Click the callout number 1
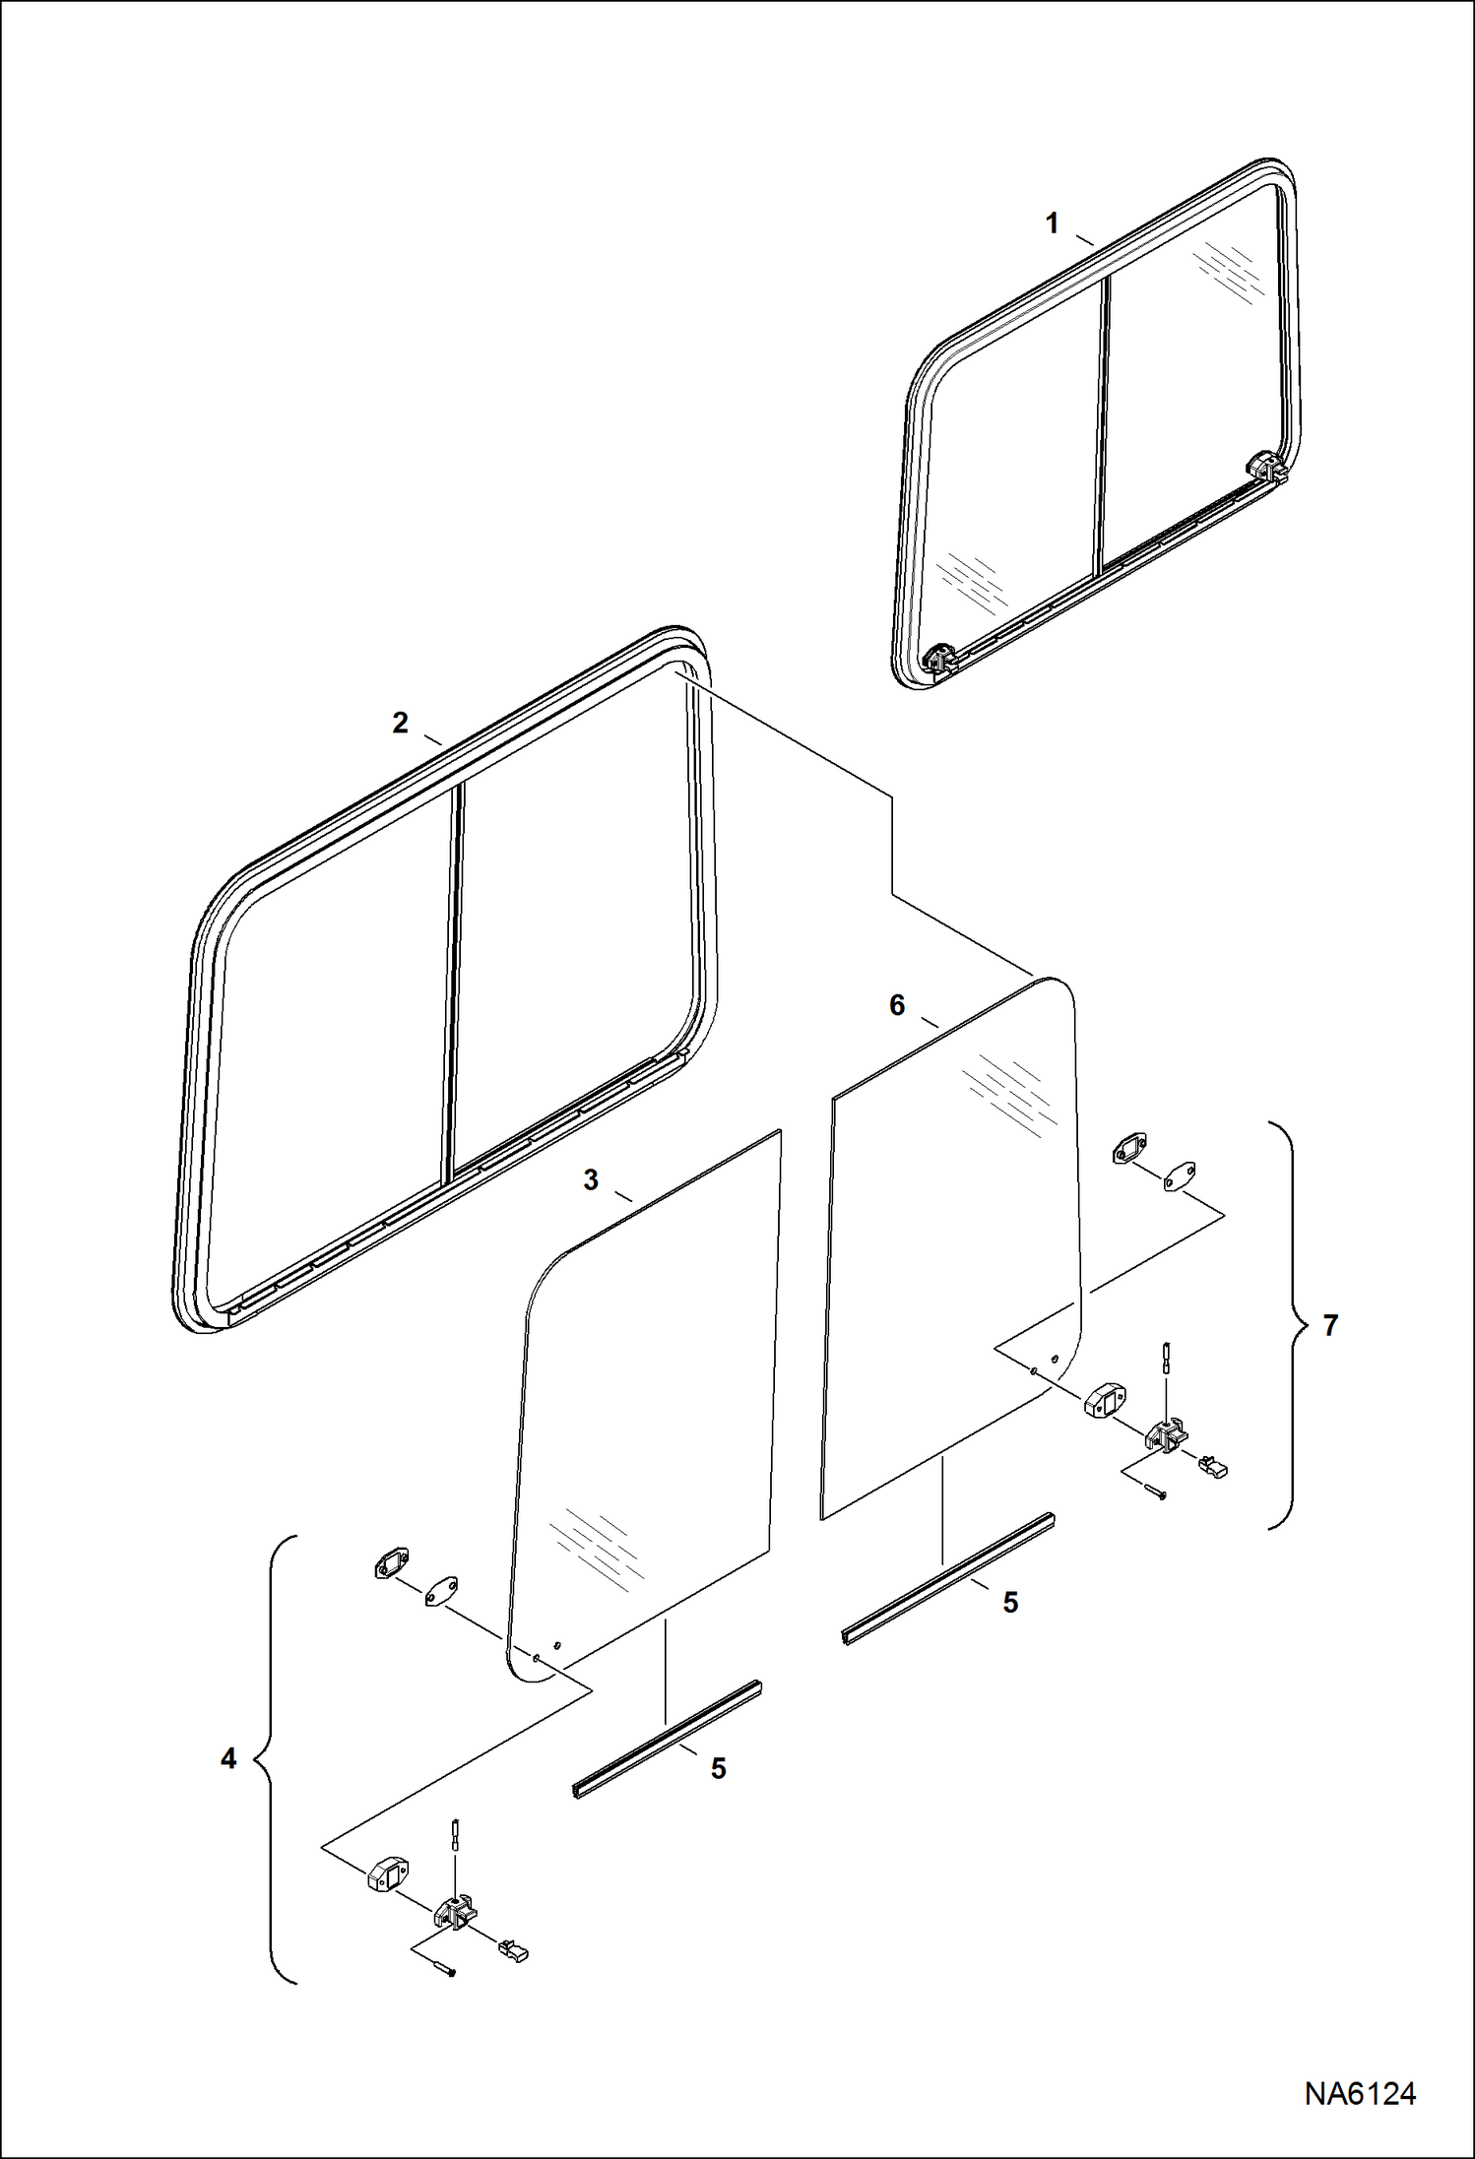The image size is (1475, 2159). tap(1052, 223)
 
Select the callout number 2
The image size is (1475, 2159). tap(400, 723)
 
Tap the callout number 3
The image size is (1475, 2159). tap(591, 1179)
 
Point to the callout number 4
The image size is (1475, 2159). tap(228, 1758)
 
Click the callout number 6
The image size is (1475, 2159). tap(896, 1005)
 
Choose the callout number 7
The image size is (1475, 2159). tap(1330, 1326)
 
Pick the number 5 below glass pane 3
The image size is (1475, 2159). tap(719, 1768)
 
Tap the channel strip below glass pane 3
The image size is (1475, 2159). tap(667, 1739)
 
